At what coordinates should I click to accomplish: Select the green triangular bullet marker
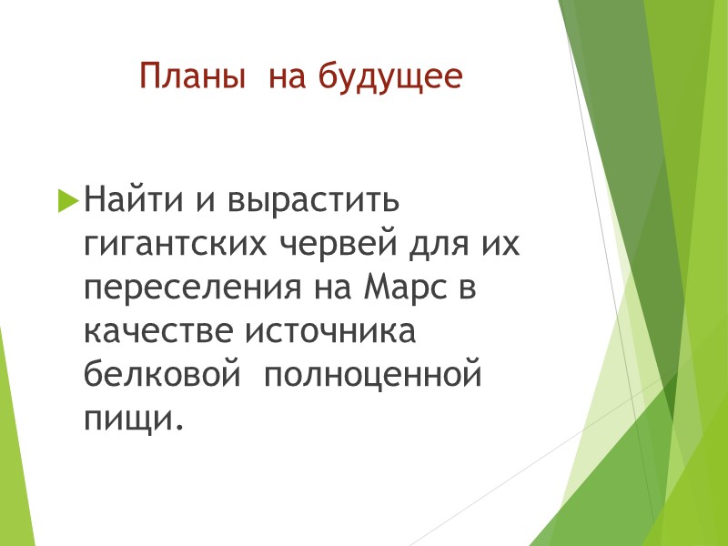click(68, 200)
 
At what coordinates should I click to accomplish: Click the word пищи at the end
click(126, 419)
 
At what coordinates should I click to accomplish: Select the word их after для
click(506, 246)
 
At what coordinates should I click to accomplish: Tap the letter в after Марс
click(468, 289)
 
